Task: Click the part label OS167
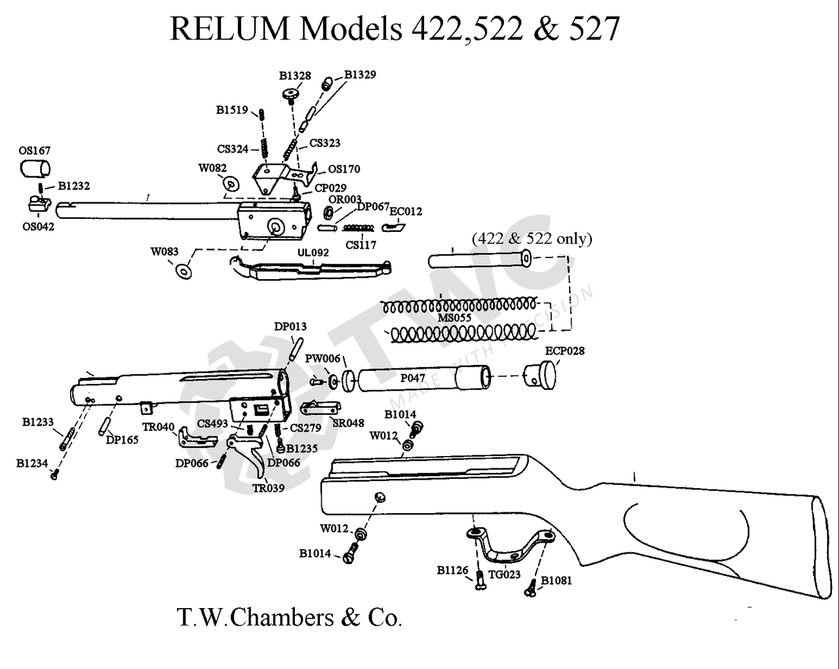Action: (x=34, y=151)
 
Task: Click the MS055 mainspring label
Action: (x=454, y=318)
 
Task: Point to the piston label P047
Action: (x=412, y=378)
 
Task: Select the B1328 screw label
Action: (x=295, y=76)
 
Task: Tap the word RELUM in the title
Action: (x=229, y=29)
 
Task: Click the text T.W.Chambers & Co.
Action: (x=289, y=617)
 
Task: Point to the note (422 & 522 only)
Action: (x=532, y=239)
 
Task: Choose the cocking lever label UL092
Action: (x=313, y=253)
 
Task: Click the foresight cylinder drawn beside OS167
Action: (x=35, y=168)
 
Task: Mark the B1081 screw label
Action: (x=556, y=581)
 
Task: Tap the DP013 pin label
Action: (x=290, y=326)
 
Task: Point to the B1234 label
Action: (x=32, y=463)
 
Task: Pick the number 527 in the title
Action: (x=594, y=29)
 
